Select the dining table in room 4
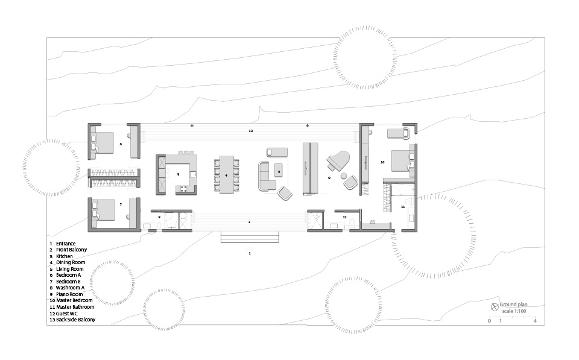(227, 174)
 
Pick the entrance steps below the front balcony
(250, 237)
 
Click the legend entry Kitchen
(65, 256)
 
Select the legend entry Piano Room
(69, 294)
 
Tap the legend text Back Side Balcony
(76, 320)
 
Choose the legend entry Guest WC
(67, 314)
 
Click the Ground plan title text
(513, 305)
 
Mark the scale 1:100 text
(514, 311)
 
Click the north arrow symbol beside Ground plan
(495, 307)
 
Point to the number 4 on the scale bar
(535, 321)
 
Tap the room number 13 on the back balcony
(251, 131)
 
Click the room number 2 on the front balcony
(249, 222)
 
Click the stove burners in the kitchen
(183, 189)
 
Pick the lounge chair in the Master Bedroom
(399, 133)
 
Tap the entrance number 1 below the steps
(250, 253)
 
